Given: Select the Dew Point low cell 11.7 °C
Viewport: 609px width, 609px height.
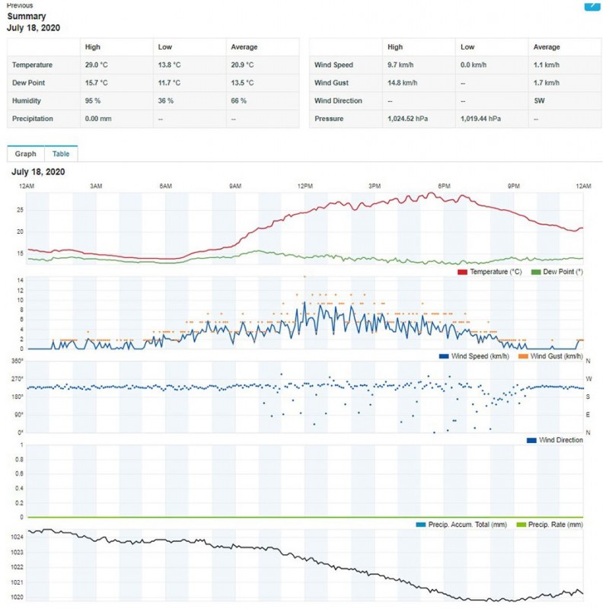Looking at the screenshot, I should [x=170, y=83].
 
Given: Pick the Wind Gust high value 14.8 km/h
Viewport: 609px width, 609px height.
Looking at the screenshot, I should [x=402, y=83].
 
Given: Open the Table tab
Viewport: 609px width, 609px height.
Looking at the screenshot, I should [x=61, y=154].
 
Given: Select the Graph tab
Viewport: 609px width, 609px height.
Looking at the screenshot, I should [x=25, y=154].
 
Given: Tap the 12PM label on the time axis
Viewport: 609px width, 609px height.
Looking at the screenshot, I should [x=305, y=187].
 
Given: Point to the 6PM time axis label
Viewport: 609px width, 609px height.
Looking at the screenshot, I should [x=445, y=187].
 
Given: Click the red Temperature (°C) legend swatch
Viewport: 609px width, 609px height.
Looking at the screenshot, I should [x=462, y=272].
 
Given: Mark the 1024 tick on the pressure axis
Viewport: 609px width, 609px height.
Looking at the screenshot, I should [x=16, y=537].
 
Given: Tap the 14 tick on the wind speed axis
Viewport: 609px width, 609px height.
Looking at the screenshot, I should [x=20, y=280].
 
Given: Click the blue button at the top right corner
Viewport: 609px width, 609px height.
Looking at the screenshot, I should [x=592, y=5].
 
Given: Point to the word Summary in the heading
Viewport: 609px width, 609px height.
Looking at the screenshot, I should [x=27, y=16].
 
